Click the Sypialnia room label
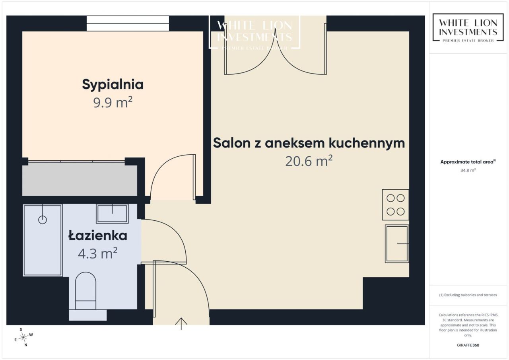113,85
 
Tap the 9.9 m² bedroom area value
113,102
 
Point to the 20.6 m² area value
309,161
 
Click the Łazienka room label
98,235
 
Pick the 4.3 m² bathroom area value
98,253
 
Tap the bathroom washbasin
112,214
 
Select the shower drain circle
43,220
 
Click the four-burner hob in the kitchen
395,205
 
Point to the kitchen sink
397,244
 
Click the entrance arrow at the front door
181,324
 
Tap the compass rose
23,337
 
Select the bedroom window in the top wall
128,23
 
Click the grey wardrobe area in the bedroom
80,181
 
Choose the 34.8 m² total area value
468,170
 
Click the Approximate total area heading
468,162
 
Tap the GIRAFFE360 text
468,345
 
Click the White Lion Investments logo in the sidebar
468,27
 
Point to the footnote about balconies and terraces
468,295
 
